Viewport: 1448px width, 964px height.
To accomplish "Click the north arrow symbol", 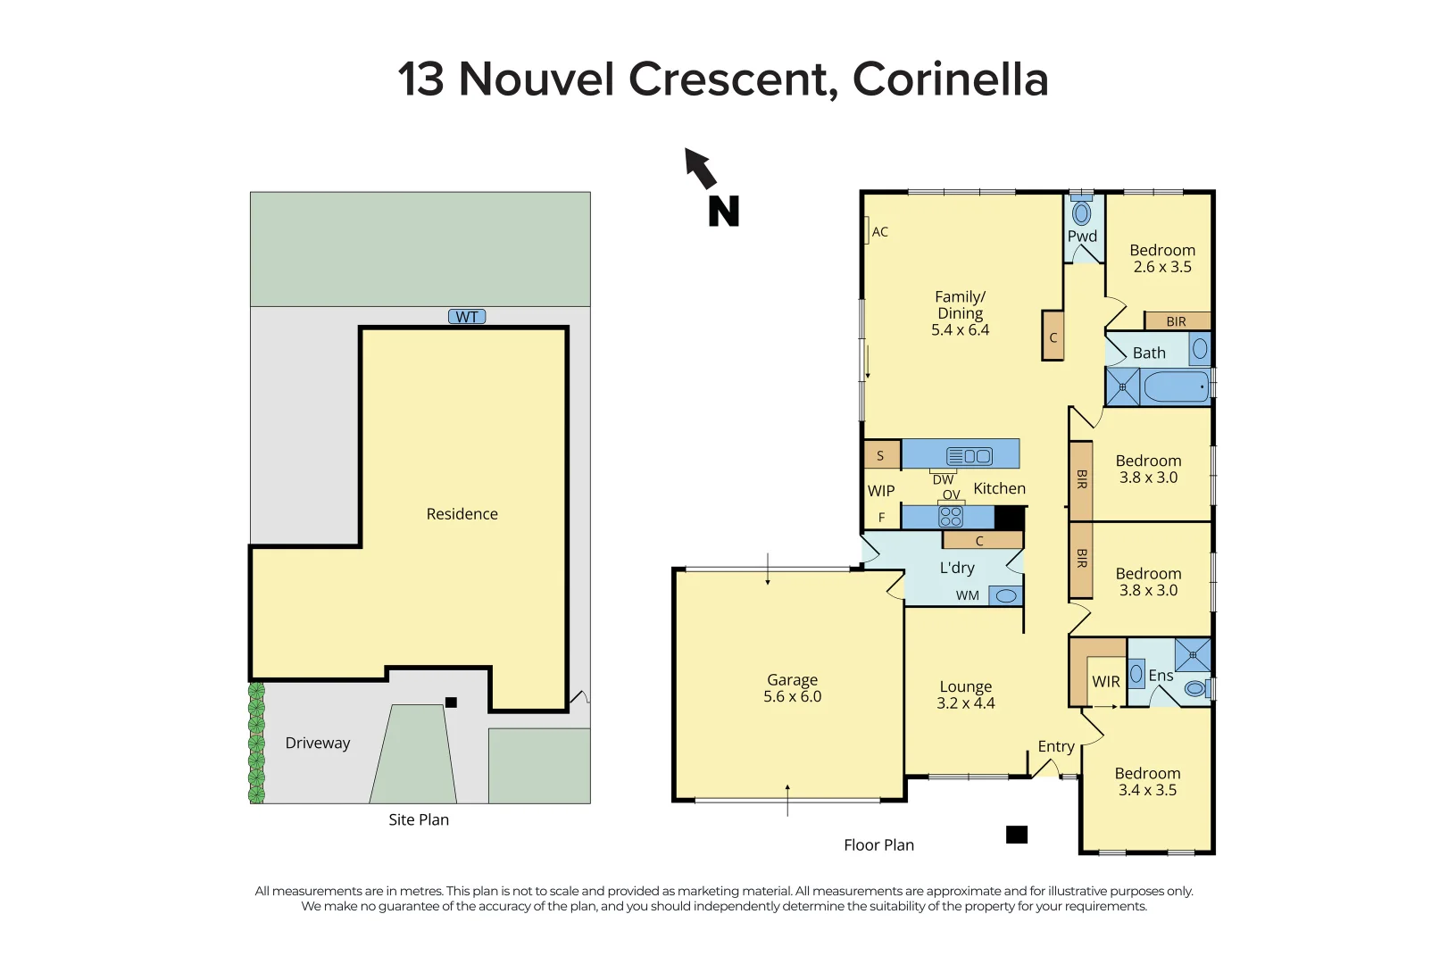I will (702, 169).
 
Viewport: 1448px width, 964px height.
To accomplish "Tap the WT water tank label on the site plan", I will (467, 317).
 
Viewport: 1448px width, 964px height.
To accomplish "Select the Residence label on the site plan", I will (462, 514).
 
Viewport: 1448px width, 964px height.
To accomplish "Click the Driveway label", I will (317, 744).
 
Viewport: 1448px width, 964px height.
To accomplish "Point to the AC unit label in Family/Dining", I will (879, 232).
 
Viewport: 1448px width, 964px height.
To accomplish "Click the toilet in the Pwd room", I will (1082, 212).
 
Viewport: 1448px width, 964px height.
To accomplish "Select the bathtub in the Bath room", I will (1176, 387).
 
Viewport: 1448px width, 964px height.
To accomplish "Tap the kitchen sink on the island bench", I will (969, 456).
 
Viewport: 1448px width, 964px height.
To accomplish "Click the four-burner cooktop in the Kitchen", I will (951, 517).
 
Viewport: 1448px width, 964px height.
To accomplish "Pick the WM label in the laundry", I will (968, 595).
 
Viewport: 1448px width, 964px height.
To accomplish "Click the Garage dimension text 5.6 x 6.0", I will (792, 697).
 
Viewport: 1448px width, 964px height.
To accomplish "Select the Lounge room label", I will (965, 686).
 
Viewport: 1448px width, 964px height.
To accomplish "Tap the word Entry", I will (1056, 746).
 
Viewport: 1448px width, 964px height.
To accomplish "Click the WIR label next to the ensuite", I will (1106, 682).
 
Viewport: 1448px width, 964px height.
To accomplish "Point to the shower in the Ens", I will (1193, 655).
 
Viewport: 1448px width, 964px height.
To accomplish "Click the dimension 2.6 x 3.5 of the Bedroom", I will (1162, 267).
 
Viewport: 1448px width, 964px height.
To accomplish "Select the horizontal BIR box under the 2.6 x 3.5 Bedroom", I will (1177, 321).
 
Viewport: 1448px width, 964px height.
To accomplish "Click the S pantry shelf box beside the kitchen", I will (881, 455).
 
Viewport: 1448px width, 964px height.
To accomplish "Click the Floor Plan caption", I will (878, 845).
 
